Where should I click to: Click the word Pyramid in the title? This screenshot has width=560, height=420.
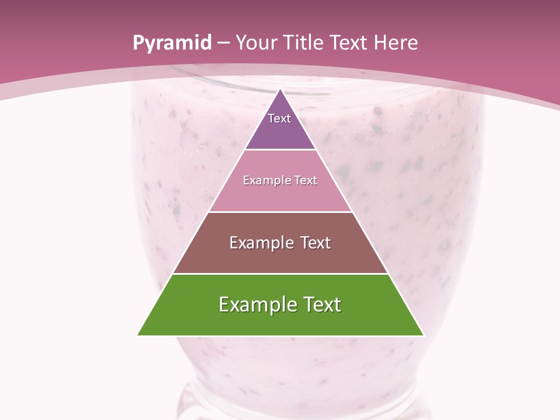tap(171, 43)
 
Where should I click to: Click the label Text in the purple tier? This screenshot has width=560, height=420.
tap(279, 118)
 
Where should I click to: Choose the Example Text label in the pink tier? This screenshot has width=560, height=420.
tap(280, 180)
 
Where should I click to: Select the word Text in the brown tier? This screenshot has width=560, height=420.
tap(313, 243)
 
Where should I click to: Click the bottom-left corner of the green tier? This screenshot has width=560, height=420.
tap(138, 335)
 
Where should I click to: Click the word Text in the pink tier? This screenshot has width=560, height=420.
tap(305, 180)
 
